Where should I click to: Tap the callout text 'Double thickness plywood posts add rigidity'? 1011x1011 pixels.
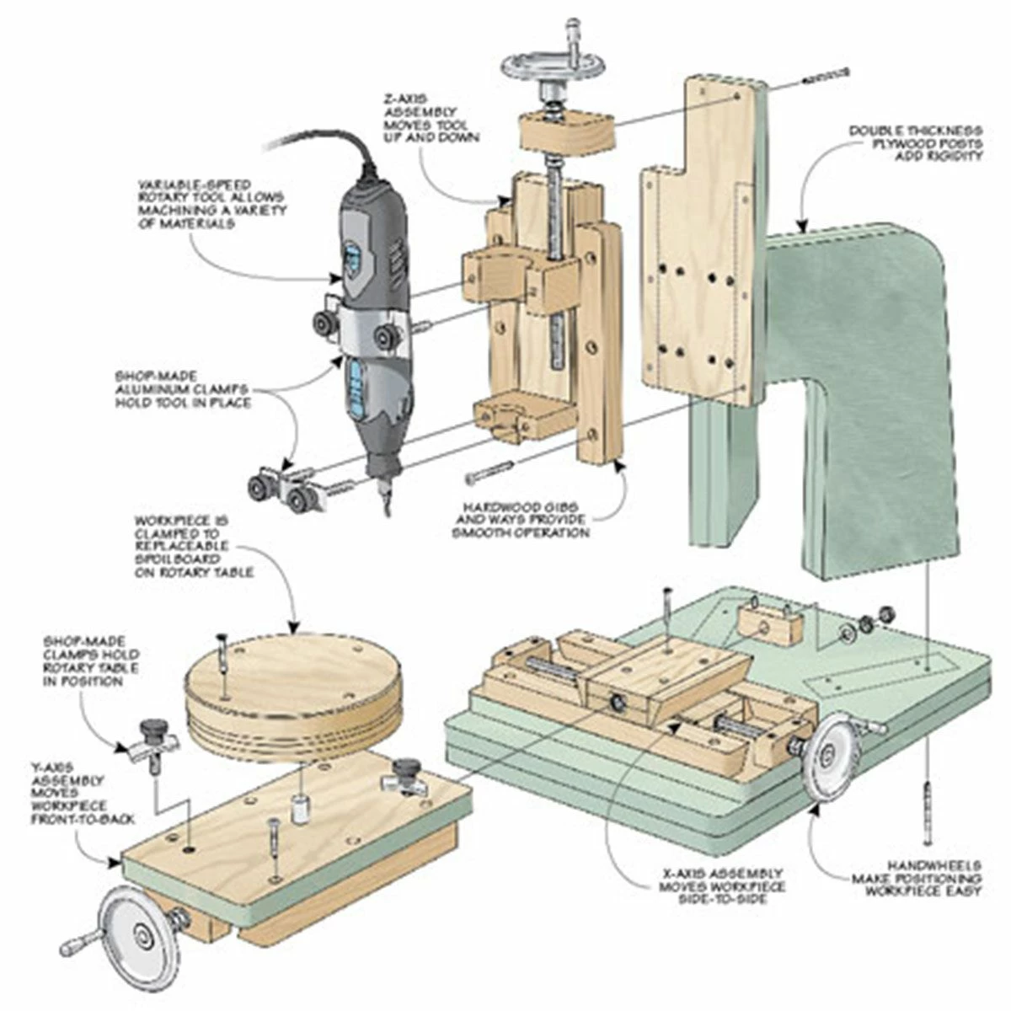click(x=915, y=144)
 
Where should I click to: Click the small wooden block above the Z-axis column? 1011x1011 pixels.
click(x=565, y=131)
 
